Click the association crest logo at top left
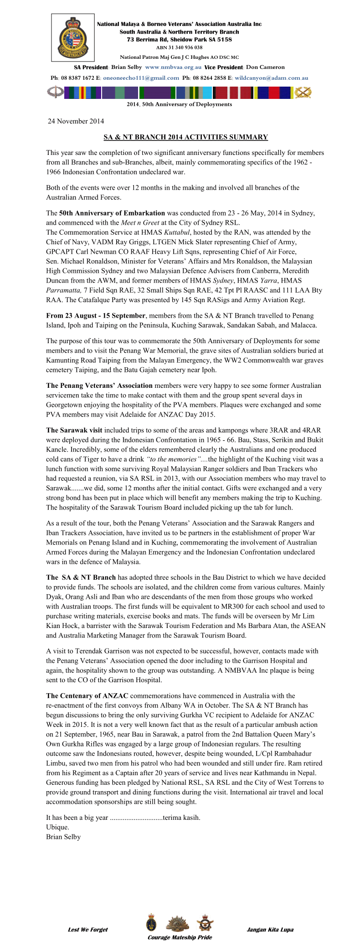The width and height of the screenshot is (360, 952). (x=73, y=37)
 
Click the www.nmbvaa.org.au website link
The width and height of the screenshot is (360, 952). (x=173, y=67)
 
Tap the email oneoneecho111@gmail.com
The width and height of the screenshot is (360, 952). (x=141, y=78)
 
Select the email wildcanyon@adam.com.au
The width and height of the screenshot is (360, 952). (x=272, y=78)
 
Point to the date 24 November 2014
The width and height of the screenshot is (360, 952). (x=76, y=121)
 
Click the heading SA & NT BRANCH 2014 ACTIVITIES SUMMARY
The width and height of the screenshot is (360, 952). (x=185, y=137)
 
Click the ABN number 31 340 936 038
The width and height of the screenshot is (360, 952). (x=179, y=47)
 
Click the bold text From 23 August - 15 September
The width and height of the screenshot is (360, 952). (x=96, y=315)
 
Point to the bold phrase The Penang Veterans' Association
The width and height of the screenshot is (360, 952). (x=99, y=386)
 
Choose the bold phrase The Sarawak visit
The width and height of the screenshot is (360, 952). (x=74, y=430)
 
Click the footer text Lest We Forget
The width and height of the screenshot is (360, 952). (x=88, y=930)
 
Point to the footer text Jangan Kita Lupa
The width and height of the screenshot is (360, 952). (x=270, y=930)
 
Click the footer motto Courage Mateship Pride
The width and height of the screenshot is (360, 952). (x=180, y=937)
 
